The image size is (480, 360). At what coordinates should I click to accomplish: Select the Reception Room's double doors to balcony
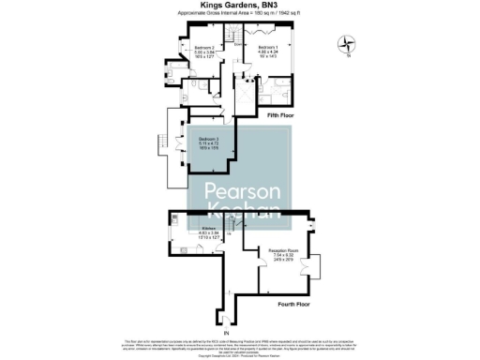coord(318,266)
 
